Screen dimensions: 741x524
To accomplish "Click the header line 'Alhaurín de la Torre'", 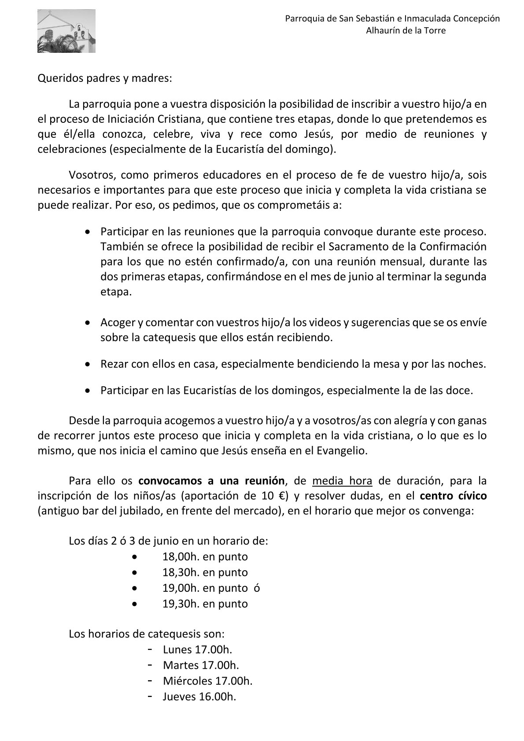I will pyautogui.click(x=406, y=30).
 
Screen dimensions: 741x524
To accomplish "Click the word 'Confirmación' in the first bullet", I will pyautogui.click(x=458, y=246).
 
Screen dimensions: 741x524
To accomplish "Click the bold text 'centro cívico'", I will pyautogui.click(x=453, y=496).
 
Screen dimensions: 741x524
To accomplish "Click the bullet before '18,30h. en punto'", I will pyautogui.click(x=135, y=572).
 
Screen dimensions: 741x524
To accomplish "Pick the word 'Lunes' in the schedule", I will pyautogui.click(x=177, y=649).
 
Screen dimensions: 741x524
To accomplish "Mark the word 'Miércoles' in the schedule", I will pyautogui.click(x=187, y=681).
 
